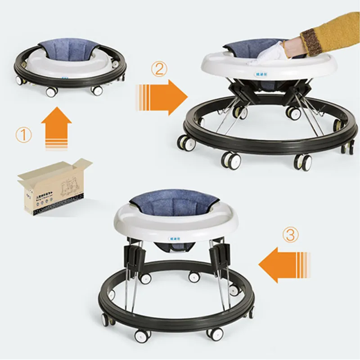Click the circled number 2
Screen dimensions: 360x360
pos(161,69)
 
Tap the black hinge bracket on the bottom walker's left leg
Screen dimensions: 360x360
pos(135,256)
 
